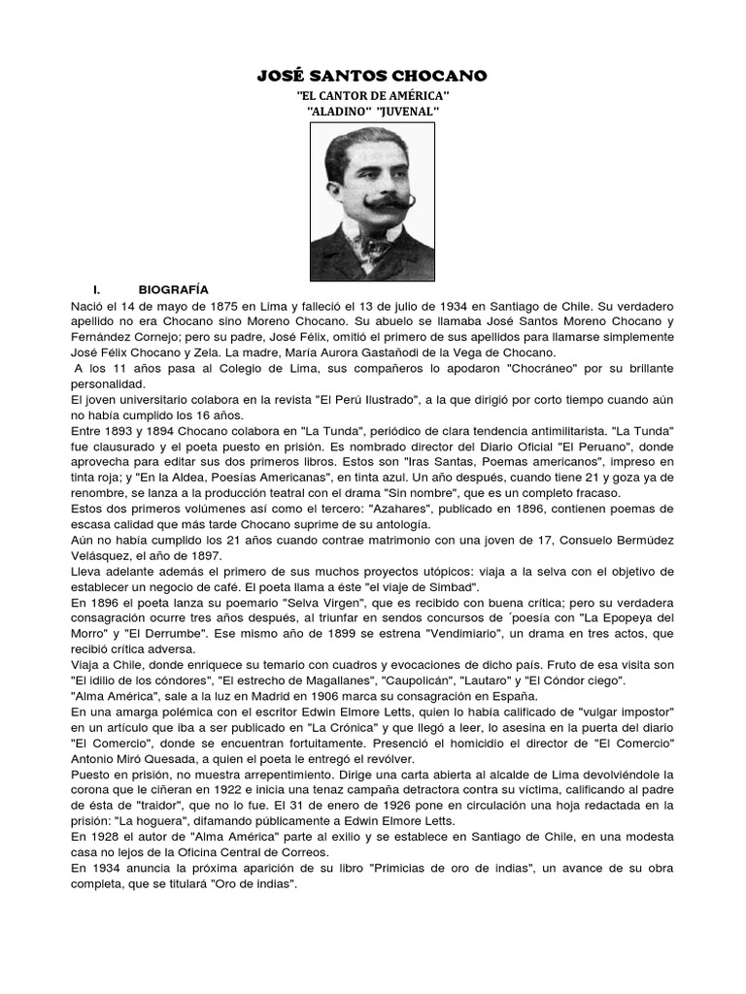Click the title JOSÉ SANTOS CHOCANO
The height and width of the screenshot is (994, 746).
(x=372, y=76)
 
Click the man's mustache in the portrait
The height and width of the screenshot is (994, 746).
(x=373, y=205)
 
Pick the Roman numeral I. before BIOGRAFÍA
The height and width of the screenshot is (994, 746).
(x=97, y=289)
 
